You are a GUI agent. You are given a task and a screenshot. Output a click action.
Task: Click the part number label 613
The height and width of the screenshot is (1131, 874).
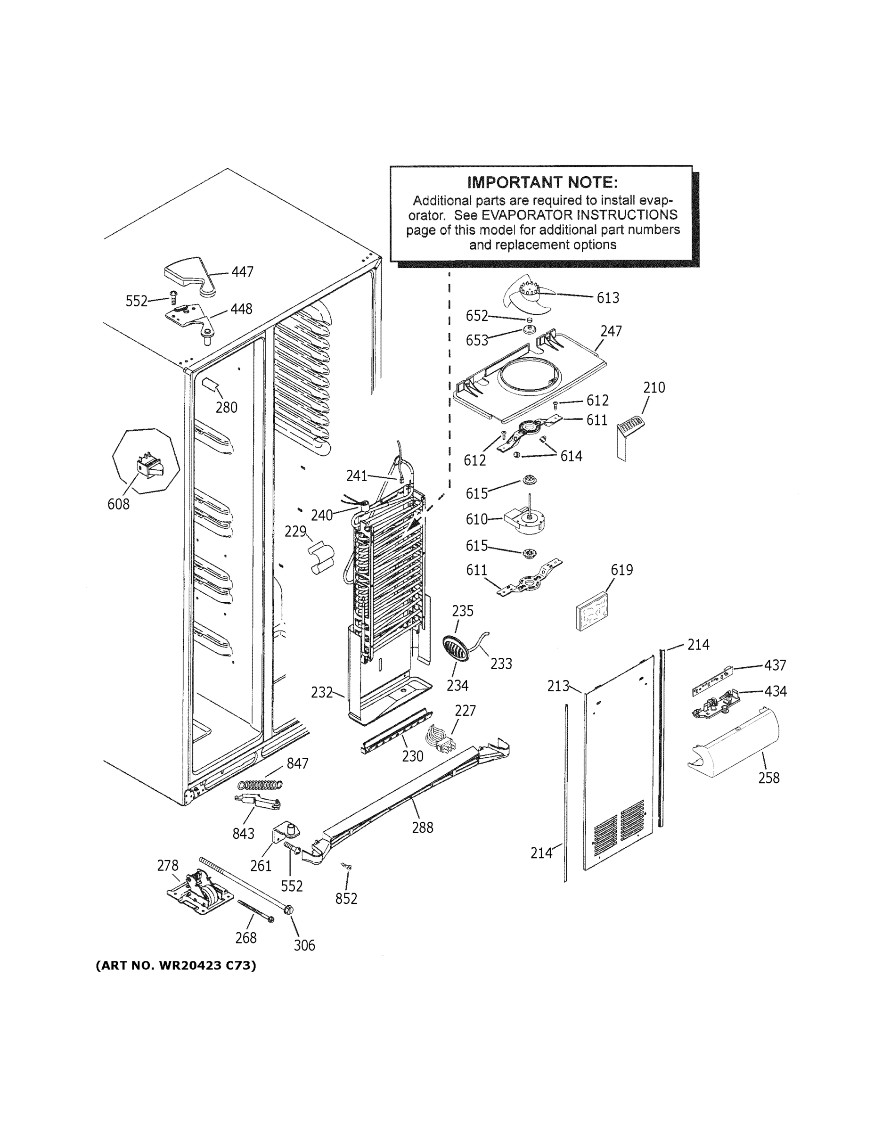[x=607, y=298]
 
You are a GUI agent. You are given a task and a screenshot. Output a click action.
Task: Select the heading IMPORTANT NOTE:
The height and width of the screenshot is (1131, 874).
[x=542, y=182]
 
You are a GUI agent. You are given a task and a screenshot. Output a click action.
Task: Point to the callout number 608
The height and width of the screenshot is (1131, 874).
[x=118, y=504]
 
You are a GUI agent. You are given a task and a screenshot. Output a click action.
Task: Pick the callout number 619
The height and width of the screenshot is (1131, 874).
[x=621, y=570]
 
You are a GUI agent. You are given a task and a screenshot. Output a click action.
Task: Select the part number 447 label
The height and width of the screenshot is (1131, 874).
[x=242, y=272]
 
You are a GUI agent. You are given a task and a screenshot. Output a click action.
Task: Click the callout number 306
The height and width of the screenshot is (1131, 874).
[x=304, y=945]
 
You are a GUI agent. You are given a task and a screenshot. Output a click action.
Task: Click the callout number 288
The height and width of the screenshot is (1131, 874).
[x=423, y=827]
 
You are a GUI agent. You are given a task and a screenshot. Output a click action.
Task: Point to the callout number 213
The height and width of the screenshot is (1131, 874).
[x=558, y=686]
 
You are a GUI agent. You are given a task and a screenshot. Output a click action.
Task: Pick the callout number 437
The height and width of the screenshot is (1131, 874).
[x=775, y=665]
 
